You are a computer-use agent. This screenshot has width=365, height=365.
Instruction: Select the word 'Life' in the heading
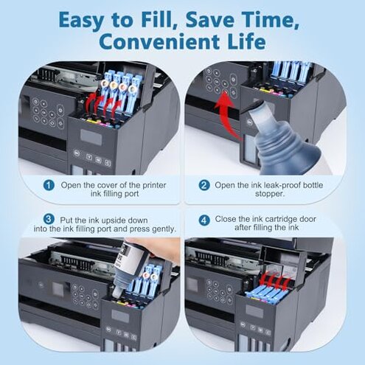[x=243, y=41]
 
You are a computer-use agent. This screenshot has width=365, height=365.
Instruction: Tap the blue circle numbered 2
[x=204, y=184]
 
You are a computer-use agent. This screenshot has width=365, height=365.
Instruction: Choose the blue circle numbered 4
[x=204, y=219]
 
